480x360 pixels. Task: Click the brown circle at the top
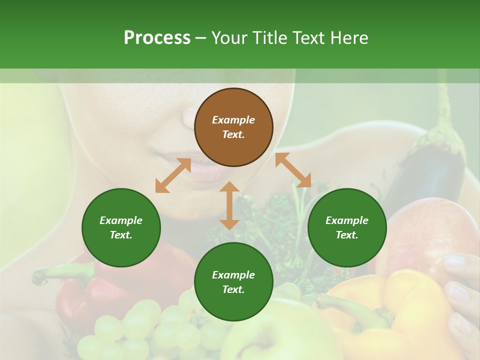233,127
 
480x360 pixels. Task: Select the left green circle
121,227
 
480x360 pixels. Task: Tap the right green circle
347,227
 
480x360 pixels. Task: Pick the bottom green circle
233,282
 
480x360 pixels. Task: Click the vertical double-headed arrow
229,205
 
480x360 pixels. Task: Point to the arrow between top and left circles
173,175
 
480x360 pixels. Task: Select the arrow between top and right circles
293,170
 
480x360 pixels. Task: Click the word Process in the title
157,38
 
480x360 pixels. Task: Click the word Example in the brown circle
233,120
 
